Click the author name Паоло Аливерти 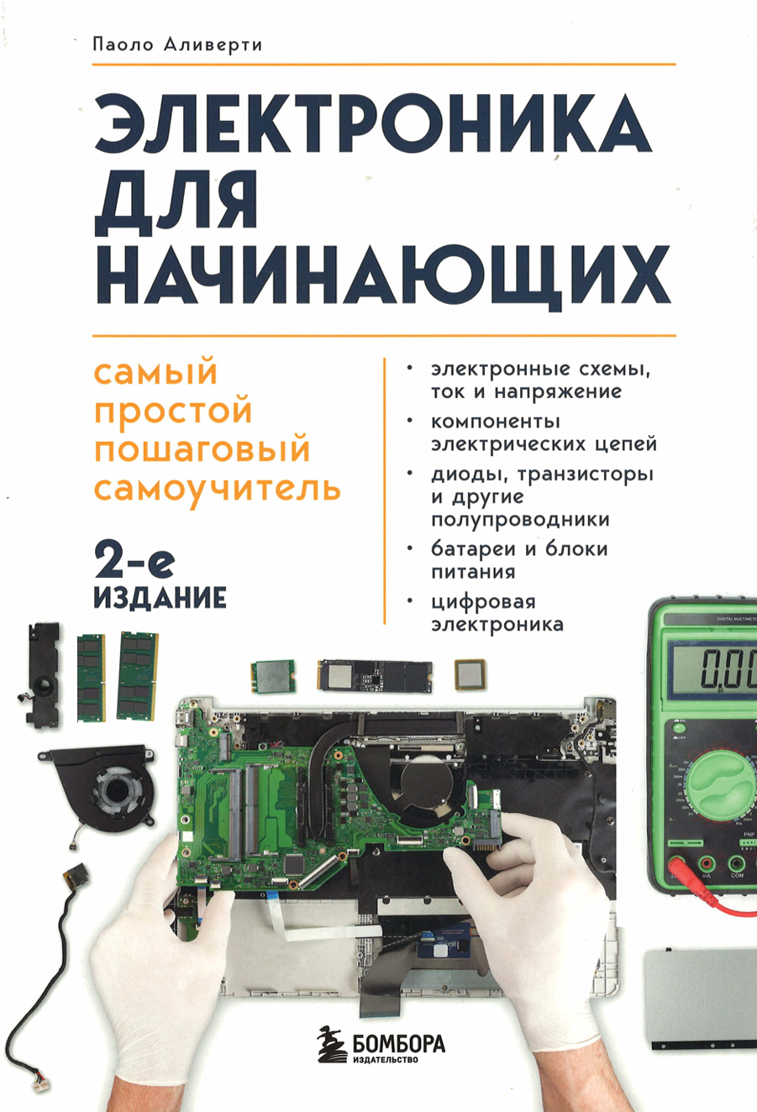(x=177, y=45)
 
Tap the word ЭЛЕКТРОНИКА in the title (x=373, y=126)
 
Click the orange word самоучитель (x=217, y=487)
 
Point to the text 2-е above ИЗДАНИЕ (x=134, y=559)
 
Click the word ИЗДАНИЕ (x=160, y=597)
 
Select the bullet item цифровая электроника (x=496, y=612)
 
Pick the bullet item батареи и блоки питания (x=518, y=560)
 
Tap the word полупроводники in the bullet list (x=520, y=519)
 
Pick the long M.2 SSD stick (x=374, y=674)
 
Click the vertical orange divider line (x=384, y=491)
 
